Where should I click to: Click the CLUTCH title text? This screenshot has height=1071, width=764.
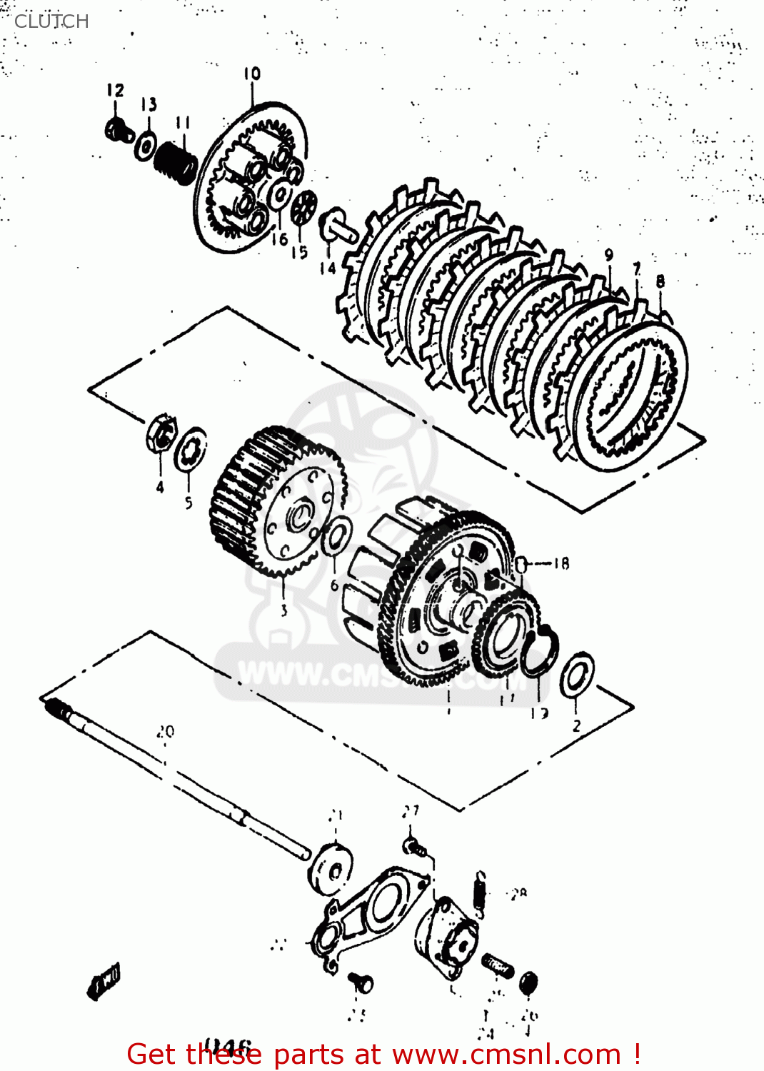coord(51,21)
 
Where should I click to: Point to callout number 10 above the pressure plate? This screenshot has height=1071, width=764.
coord(251,74)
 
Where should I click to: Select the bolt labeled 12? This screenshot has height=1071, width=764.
coord(117,130)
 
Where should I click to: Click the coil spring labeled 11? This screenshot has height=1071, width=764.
coord(176,162)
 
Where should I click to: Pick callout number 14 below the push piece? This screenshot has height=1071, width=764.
coord(327,268)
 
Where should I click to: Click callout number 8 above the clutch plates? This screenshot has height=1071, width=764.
coord(660,281)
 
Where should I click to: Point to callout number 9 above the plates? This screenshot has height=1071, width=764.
coord(608,255)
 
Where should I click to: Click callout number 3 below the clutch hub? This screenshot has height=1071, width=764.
coord(283,610)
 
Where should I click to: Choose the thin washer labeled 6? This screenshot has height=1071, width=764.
coord(336,537)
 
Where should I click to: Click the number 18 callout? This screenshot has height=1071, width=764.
coord(561,563)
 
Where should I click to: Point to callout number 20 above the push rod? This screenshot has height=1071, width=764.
coord(165,732)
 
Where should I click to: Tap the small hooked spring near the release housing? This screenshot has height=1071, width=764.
coord(481,892)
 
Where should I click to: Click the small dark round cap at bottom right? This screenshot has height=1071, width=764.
coord(528,982)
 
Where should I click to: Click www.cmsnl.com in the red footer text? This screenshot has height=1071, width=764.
coord(506,1054)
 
